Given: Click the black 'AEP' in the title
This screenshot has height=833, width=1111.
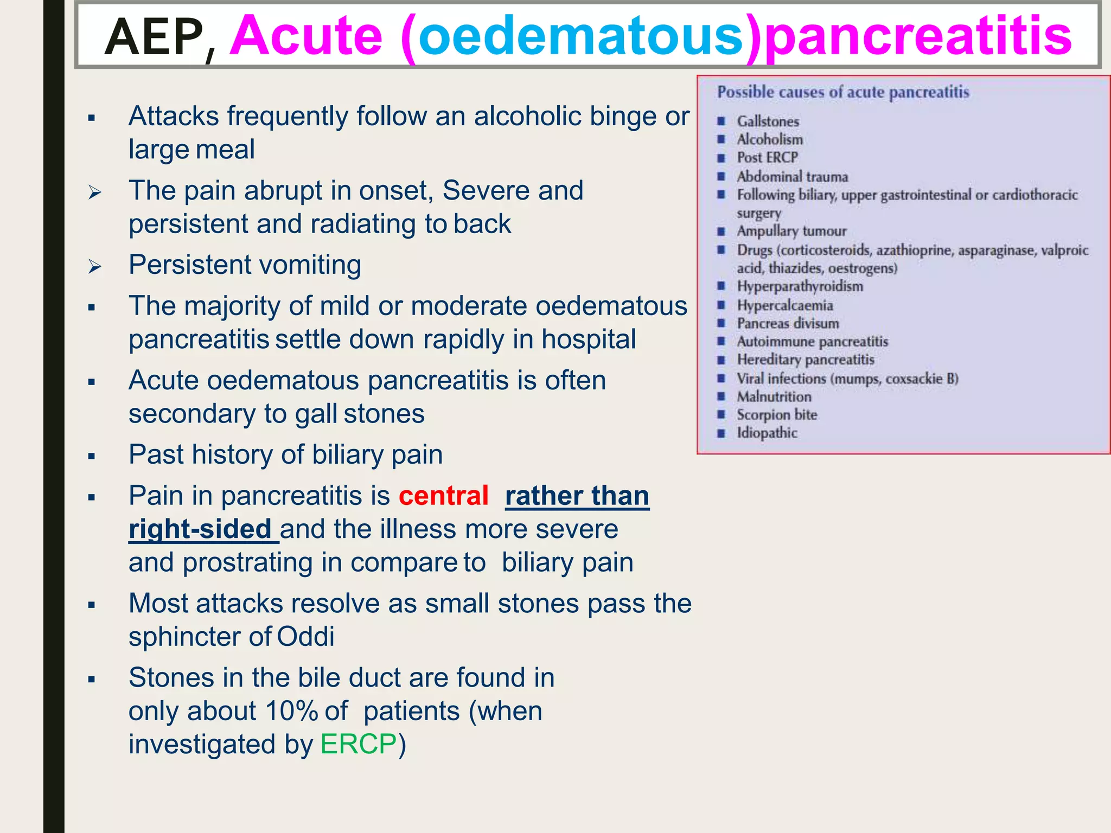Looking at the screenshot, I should pos(154,37).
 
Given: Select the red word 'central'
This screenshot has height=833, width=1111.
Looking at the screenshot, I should pos(443,496).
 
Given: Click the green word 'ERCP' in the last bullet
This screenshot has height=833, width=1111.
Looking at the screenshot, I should pos(359,744).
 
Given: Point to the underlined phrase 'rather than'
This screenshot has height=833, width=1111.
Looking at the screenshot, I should pos(577,496).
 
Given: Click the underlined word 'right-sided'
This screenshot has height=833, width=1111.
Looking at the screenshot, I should pos(200,529).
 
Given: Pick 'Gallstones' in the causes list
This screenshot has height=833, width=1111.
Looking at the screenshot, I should pos(768,121).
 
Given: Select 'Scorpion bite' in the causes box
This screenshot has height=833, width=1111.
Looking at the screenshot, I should pos(776,415).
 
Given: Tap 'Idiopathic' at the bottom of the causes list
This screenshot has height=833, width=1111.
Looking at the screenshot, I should pos(767,433).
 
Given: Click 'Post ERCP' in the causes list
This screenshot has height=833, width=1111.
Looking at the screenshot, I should pos(767,158).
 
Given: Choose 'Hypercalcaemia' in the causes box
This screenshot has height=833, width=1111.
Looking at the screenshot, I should pos(784,305).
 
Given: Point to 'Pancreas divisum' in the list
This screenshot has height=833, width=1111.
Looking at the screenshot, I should pos(788,324).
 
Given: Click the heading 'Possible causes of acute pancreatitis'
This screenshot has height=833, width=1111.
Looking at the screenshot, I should pos(843,92).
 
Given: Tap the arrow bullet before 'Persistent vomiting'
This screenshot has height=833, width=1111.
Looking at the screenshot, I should pos(95,266).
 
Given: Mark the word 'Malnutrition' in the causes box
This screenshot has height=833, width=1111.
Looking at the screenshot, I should pos(774,397).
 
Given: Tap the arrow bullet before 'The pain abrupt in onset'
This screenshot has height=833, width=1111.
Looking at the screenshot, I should pos(95,192).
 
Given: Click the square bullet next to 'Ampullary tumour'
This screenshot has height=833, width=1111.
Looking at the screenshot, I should pos(721,232).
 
